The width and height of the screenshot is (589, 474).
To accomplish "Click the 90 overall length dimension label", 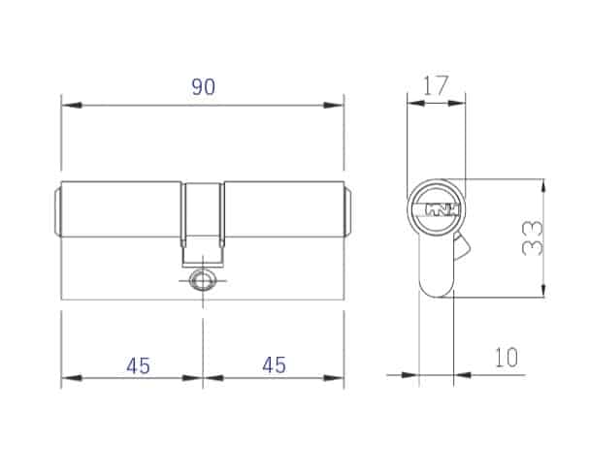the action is tap(203, 86).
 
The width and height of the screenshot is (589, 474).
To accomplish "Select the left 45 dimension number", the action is tap(138, 365).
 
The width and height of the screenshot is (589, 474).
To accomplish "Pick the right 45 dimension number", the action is tap(274, 364).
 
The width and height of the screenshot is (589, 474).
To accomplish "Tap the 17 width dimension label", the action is tap(436, 85).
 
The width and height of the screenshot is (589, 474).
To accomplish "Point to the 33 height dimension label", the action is tap(533, 237).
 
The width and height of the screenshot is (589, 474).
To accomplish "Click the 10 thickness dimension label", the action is tap(507, 358).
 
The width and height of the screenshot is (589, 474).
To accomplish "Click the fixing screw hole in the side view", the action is tap(203, 280).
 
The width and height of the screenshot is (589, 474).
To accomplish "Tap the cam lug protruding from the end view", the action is tap(462, 246).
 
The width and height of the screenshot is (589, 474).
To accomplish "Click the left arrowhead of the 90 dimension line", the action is tap(72, 106).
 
